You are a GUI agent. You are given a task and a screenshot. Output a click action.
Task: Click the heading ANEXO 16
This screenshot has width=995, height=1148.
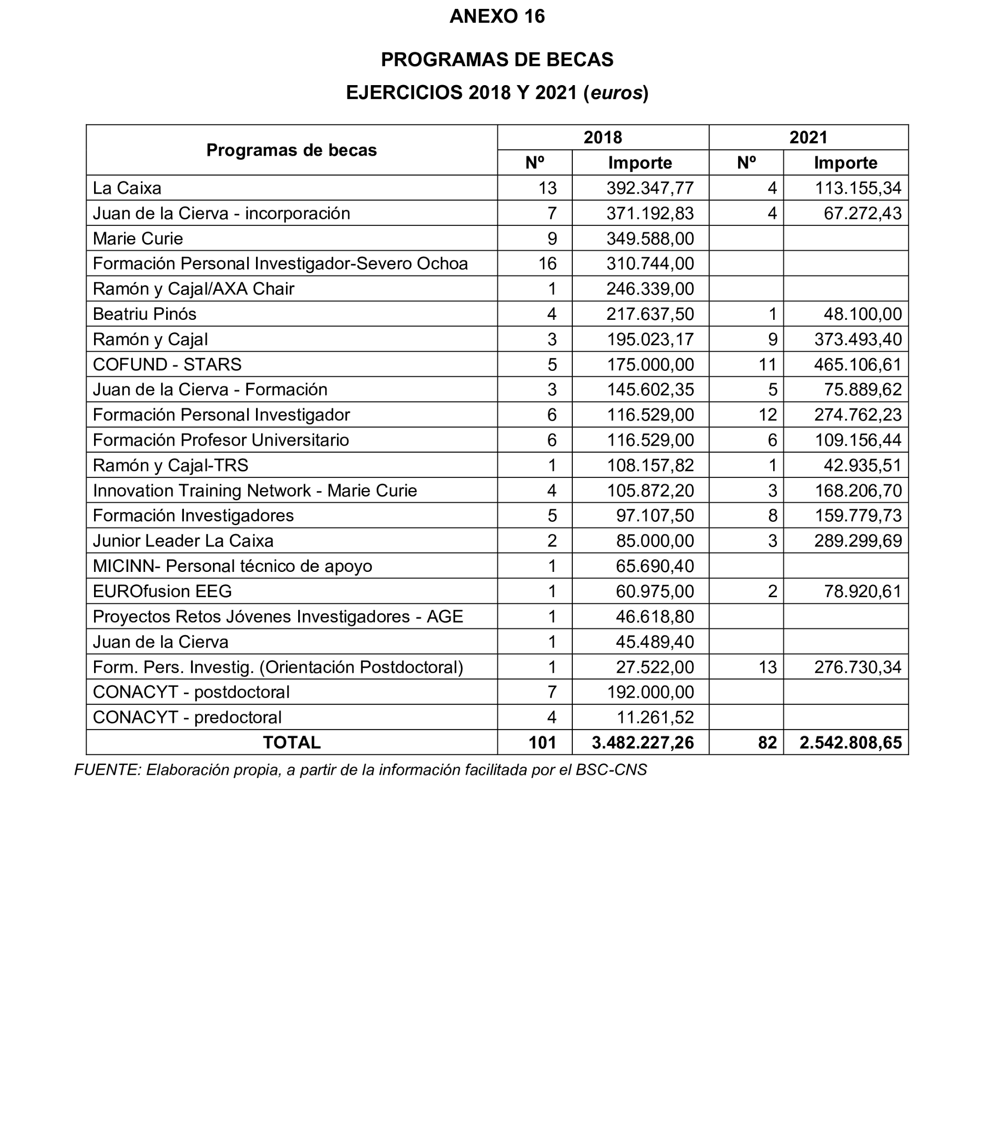click(497, 17)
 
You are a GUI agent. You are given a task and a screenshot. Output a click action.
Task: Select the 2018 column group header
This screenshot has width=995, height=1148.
click(602, 137)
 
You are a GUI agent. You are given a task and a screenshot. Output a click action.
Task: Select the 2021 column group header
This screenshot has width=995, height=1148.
click(808, 137)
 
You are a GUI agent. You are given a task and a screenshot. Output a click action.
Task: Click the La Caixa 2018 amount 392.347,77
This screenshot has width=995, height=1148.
click(650, 188)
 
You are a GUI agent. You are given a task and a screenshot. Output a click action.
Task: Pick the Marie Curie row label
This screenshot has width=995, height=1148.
click(138, 238)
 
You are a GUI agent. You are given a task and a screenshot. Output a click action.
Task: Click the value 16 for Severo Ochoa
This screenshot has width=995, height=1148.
click(547, 264)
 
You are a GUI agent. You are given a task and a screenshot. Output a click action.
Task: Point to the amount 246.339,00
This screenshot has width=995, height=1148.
click(650, 289)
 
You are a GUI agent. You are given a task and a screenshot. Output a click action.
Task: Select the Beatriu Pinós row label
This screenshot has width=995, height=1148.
click(144, 314)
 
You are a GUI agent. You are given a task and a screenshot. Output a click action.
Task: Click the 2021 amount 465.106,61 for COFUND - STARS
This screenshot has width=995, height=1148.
click(857, 365)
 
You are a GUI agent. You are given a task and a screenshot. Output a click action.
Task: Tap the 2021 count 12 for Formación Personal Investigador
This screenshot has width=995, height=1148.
click(768, 415)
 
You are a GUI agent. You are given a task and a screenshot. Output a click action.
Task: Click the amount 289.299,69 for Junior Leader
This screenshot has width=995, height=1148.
click(857, 541)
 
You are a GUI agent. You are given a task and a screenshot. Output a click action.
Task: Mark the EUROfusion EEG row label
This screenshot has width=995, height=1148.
click(162, 592)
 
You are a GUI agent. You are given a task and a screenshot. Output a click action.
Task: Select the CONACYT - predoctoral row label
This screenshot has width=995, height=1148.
click(187, 717)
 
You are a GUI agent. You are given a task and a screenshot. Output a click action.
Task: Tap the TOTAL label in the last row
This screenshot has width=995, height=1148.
click(292, 743)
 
